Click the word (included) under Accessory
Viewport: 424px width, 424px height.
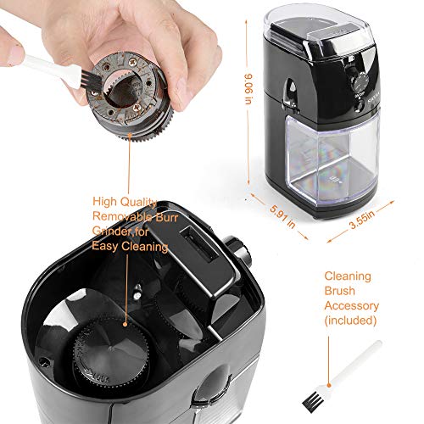[x=351, y=320]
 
